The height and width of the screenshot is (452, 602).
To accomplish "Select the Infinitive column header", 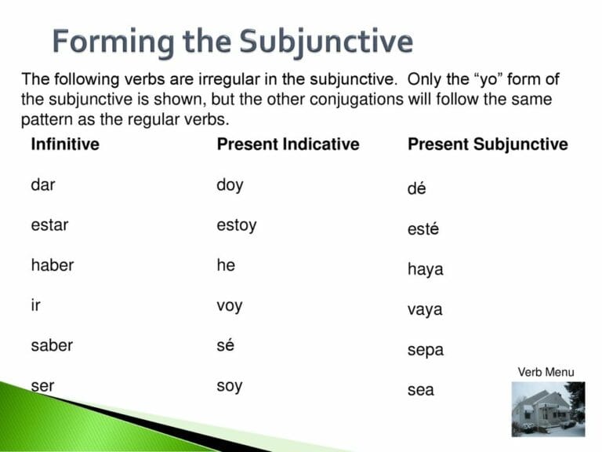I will click(x=65, y=144).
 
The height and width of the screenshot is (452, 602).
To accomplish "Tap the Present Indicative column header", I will click(x=288, y=144).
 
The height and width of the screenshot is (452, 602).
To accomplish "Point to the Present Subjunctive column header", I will click(x=488, y=144).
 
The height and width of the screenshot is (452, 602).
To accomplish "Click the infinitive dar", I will click(x=43, y=185).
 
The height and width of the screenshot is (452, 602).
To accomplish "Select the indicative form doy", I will click(x=230, y=186).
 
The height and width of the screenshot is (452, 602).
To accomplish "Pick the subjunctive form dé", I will click(x=417, y=189).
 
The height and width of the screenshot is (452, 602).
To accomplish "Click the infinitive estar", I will click(x=49, y=225).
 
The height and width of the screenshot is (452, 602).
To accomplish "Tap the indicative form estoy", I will click(x=236, y=226).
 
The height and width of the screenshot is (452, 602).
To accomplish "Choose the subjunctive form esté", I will click(x=423, y=229).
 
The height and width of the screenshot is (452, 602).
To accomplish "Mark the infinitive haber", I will click(x=52, y=265).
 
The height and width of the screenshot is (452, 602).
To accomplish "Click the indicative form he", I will click(x=226, y=265).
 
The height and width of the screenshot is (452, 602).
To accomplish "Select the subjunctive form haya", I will click(x=425, y=270).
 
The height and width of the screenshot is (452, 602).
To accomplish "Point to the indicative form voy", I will click(x=229, y=306).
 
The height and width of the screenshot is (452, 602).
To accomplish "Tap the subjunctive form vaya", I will click(x=425, y=310).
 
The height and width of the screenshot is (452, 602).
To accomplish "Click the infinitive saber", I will click(x=52, y=345).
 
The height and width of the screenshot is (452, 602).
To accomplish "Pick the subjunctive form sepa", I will click(x=425, y=351).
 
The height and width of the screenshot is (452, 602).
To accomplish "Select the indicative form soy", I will click(x=229, y=386).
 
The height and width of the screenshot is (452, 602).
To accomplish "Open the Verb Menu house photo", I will click(x=548, y=408).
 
